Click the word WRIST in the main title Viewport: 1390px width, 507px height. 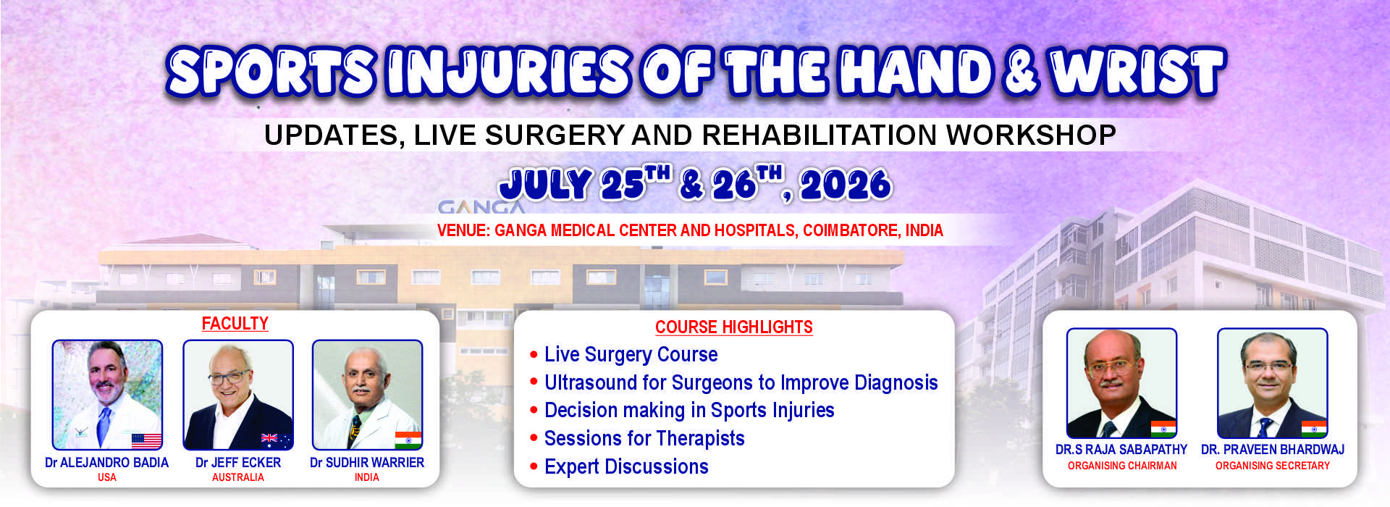[1137, 72]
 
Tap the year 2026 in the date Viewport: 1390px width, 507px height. [846, 185]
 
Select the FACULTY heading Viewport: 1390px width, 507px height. [235, 324]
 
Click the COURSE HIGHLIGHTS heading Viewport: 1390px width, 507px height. [733, 327]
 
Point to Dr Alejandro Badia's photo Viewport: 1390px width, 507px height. [107, 395]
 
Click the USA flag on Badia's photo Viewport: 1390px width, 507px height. [146, 440]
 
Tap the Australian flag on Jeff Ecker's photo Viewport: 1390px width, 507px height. [276, 440]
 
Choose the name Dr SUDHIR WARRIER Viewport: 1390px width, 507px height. [367, 462]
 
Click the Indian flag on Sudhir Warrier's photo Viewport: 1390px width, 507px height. [408, 440]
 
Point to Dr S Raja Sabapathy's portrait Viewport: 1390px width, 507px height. [1121, 383]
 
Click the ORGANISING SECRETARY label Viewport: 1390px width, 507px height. [1272, 466]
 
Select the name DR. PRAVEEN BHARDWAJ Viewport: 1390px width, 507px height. [1272, 449]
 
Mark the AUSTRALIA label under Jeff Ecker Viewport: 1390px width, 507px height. [238, 477]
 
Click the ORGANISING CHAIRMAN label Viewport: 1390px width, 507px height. [1122, 466]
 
